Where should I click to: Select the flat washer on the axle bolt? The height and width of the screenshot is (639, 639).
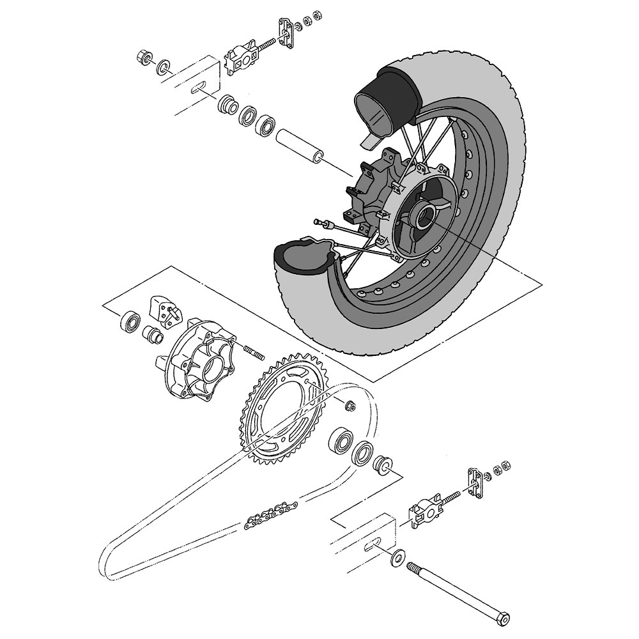tap(397, 557)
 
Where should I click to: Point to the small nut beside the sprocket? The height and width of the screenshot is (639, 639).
tap(349, 404)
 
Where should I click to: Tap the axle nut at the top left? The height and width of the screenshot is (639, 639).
tap(144, 58)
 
